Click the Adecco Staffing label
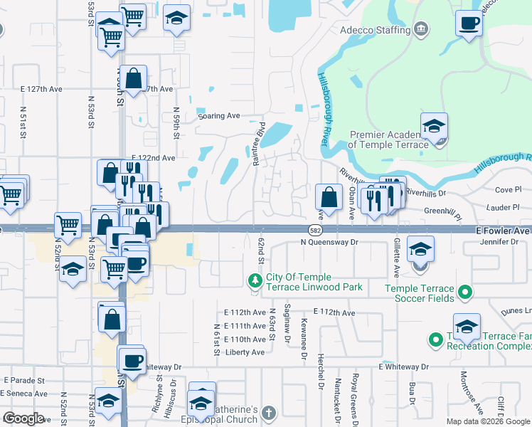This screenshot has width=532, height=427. pyautogui.click(x=376, y=30)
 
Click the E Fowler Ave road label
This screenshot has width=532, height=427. pyautogui.click(x=503, y=231)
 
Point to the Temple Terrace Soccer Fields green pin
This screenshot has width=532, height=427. pyautogui.click(x=464, y=291)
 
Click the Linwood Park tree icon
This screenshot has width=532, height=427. pyautogui.click(x=255, y=280)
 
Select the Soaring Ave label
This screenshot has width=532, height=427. pyautogui.click(x=219, y=115)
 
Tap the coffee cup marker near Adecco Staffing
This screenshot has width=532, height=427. pyautogui.click(x=469, y=25)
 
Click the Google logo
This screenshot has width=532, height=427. pyautogui.click(x=23, y=418)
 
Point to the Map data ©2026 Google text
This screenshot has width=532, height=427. pyautogui.click(x=487, y=421)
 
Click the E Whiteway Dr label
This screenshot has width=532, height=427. pyautogui.click(x=404, y=367)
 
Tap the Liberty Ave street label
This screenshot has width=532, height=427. pyautogui.click(x=245, y=352)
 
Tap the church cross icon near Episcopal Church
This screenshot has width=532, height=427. pyautogui.click(x=267, y=413)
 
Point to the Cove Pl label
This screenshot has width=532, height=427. pyautogui.click(x=508, y=189)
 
